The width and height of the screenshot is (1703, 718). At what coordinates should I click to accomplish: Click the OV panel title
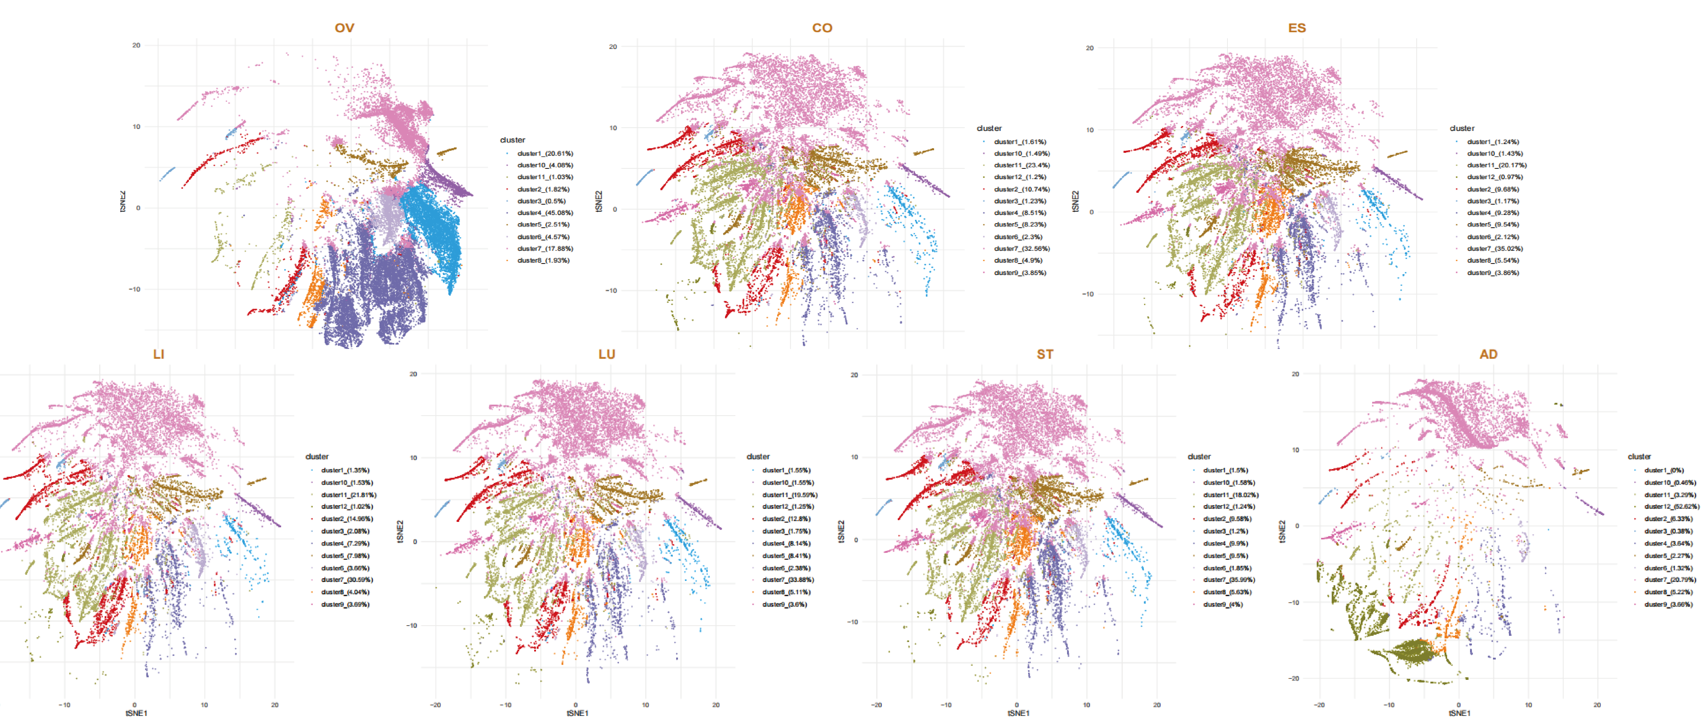pos(344,28)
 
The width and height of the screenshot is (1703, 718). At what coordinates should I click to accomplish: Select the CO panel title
pos(822,28)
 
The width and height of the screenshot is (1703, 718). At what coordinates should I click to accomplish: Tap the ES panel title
pos(1296,28)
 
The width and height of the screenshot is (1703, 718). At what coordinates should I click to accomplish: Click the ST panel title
pos(1045,354)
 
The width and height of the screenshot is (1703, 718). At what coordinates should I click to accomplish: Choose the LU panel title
pos(606,354)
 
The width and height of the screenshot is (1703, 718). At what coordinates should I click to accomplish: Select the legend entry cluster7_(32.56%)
pos(1021,249)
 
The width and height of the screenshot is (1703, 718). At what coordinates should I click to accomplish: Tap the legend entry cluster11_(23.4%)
pos(1021,165)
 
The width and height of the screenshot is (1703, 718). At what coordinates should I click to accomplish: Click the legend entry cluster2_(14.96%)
pos(346,519)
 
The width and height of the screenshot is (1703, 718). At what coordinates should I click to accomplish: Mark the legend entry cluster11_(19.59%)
pos(789,495)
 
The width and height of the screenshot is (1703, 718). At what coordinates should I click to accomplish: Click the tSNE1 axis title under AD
pos(1459,713)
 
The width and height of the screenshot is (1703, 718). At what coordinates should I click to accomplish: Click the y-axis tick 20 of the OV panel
pos(136,46)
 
